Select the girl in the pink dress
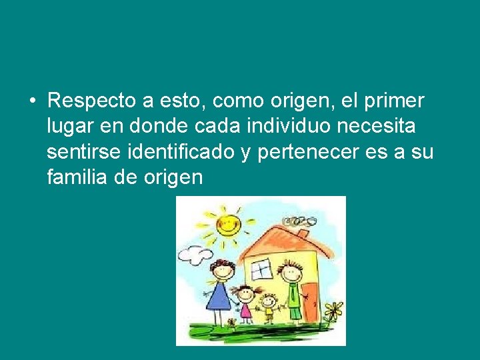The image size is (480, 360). [246, 303]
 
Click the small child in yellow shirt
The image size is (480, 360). [268, 308]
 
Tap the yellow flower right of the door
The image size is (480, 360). [333, 309]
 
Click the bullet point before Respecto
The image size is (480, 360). [32, 101]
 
